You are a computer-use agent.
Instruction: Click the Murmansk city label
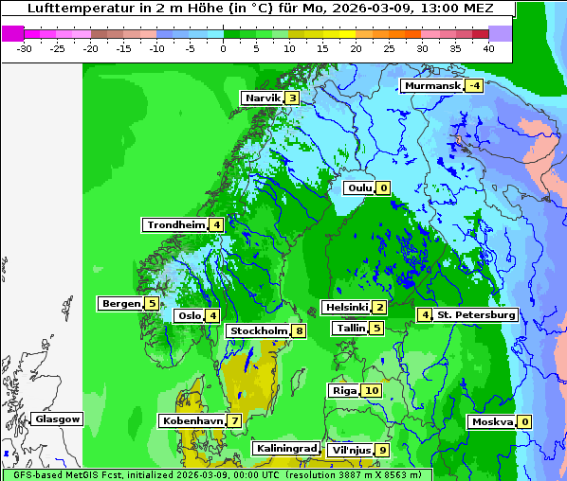[x=432, y=86]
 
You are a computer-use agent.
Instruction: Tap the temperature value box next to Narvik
[x=293, y=98]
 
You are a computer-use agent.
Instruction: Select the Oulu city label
[x=359, y=188]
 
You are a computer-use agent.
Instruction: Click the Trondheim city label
[x=175, y=225]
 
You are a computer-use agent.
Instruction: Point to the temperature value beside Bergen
[x=152, y=304]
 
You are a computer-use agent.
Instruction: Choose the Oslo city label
[x=190, y=316]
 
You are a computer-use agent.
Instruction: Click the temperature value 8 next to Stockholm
[x=299, y=331]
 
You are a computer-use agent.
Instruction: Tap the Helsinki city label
[x=346, y=308]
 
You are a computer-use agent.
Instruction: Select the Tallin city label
[x=351, y=329]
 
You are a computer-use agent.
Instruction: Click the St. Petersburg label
[x=476, y=315]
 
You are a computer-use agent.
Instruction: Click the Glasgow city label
[x=58, y=419]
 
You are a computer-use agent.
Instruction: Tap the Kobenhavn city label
[x=192, y=420]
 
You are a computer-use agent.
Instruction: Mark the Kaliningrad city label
[x=285, y=449]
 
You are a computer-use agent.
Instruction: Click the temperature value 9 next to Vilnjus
[x=382, y=451]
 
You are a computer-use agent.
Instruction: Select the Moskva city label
[x=492, y=422]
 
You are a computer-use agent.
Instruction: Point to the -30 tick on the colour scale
[x=25, y=47]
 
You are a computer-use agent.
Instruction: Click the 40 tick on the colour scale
[x=488, y=47]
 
